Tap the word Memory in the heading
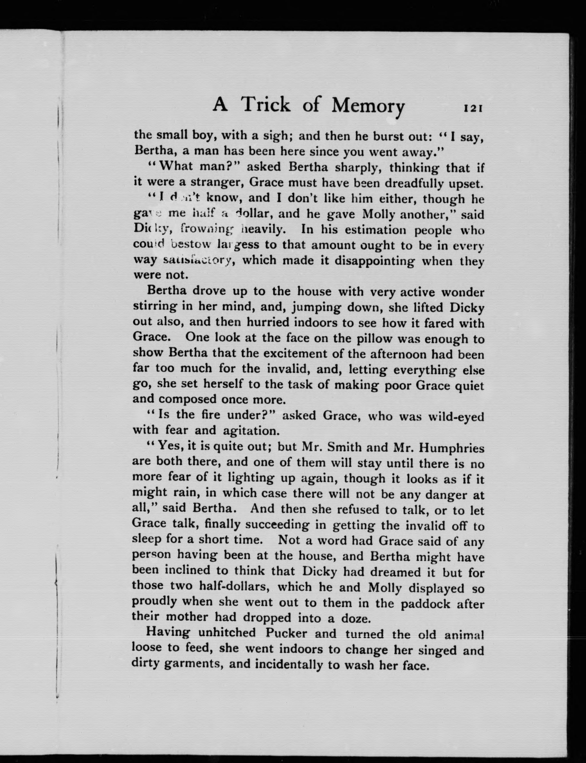click(x=368, y=105)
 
